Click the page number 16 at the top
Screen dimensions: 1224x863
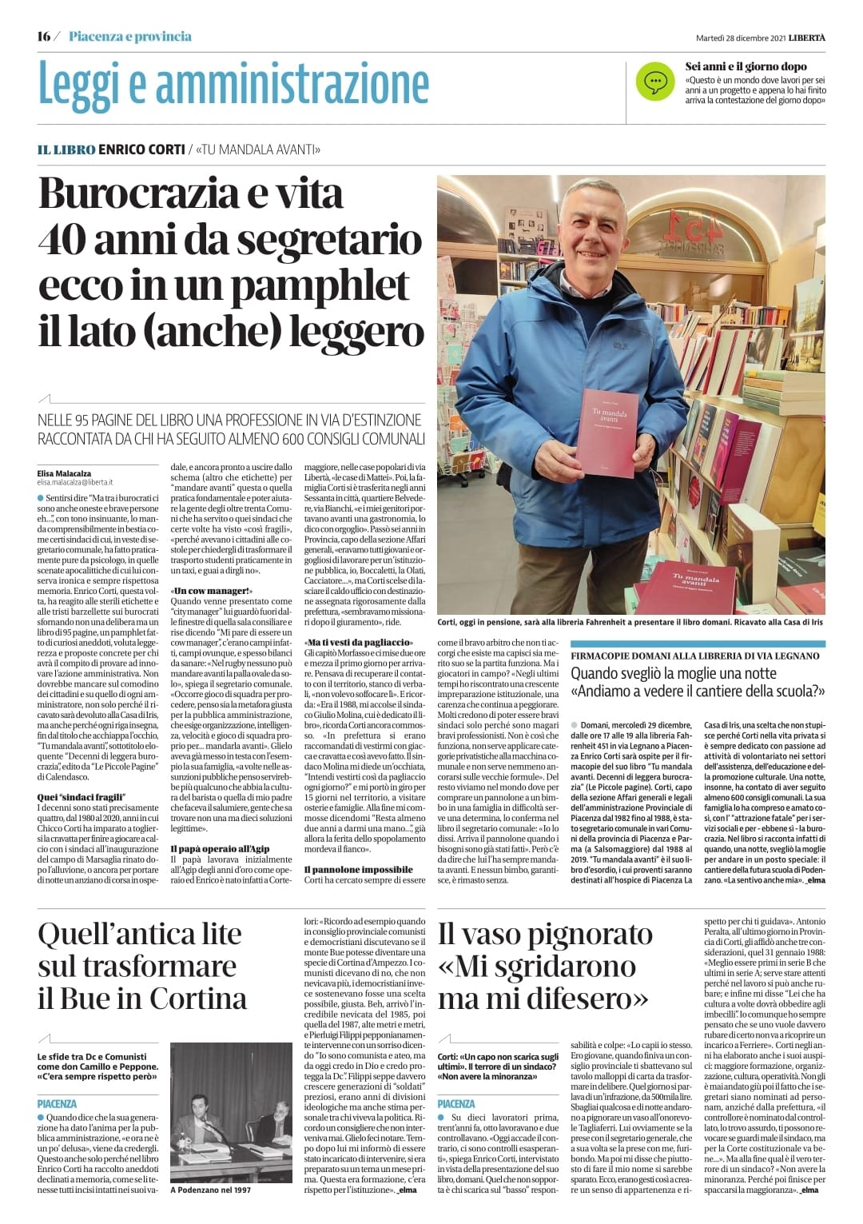click(44, 37)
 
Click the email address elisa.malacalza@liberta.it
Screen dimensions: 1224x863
click(75, 482)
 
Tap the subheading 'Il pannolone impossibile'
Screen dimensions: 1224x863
click(359, 869)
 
